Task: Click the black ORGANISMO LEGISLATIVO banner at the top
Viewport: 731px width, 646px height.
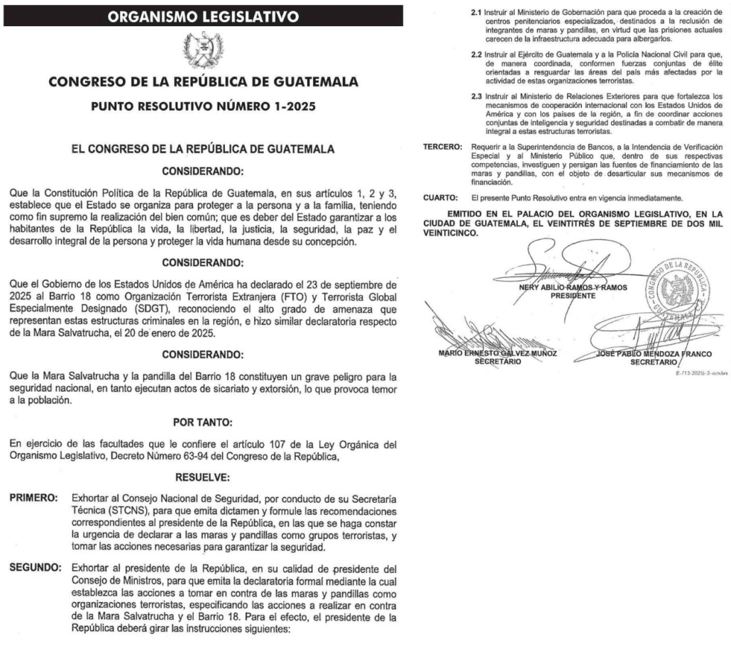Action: pyautogui.click(x=203, y=16)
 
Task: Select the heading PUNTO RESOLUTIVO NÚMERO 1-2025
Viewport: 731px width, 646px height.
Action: pyautogui.click(x=203, y=108)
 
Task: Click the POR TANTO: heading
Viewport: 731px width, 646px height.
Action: pyautogui.click(x=203, y=423)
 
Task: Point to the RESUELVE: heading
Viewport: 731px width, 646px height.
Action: pyautogui.click(x=203, y=478)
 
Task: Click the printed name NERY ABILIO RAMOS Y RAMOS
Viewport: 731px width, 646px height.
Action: pyautogui.click(x=565, y=287)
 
